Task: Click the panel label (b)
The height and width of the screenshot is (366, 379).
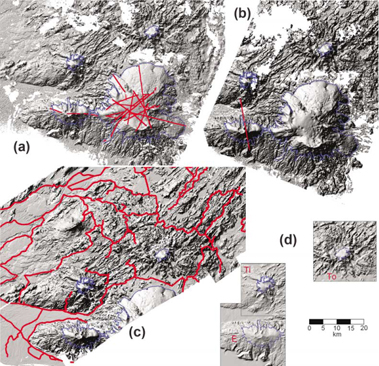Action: pos(241,14)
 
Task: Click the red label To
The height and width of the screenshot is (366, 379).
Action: pos(331,272)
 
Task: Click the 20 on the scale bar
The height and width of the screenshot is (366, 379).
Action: pos(364,328)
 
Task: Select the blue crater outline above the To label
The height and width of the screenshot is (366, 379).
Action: pos(334,250)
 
